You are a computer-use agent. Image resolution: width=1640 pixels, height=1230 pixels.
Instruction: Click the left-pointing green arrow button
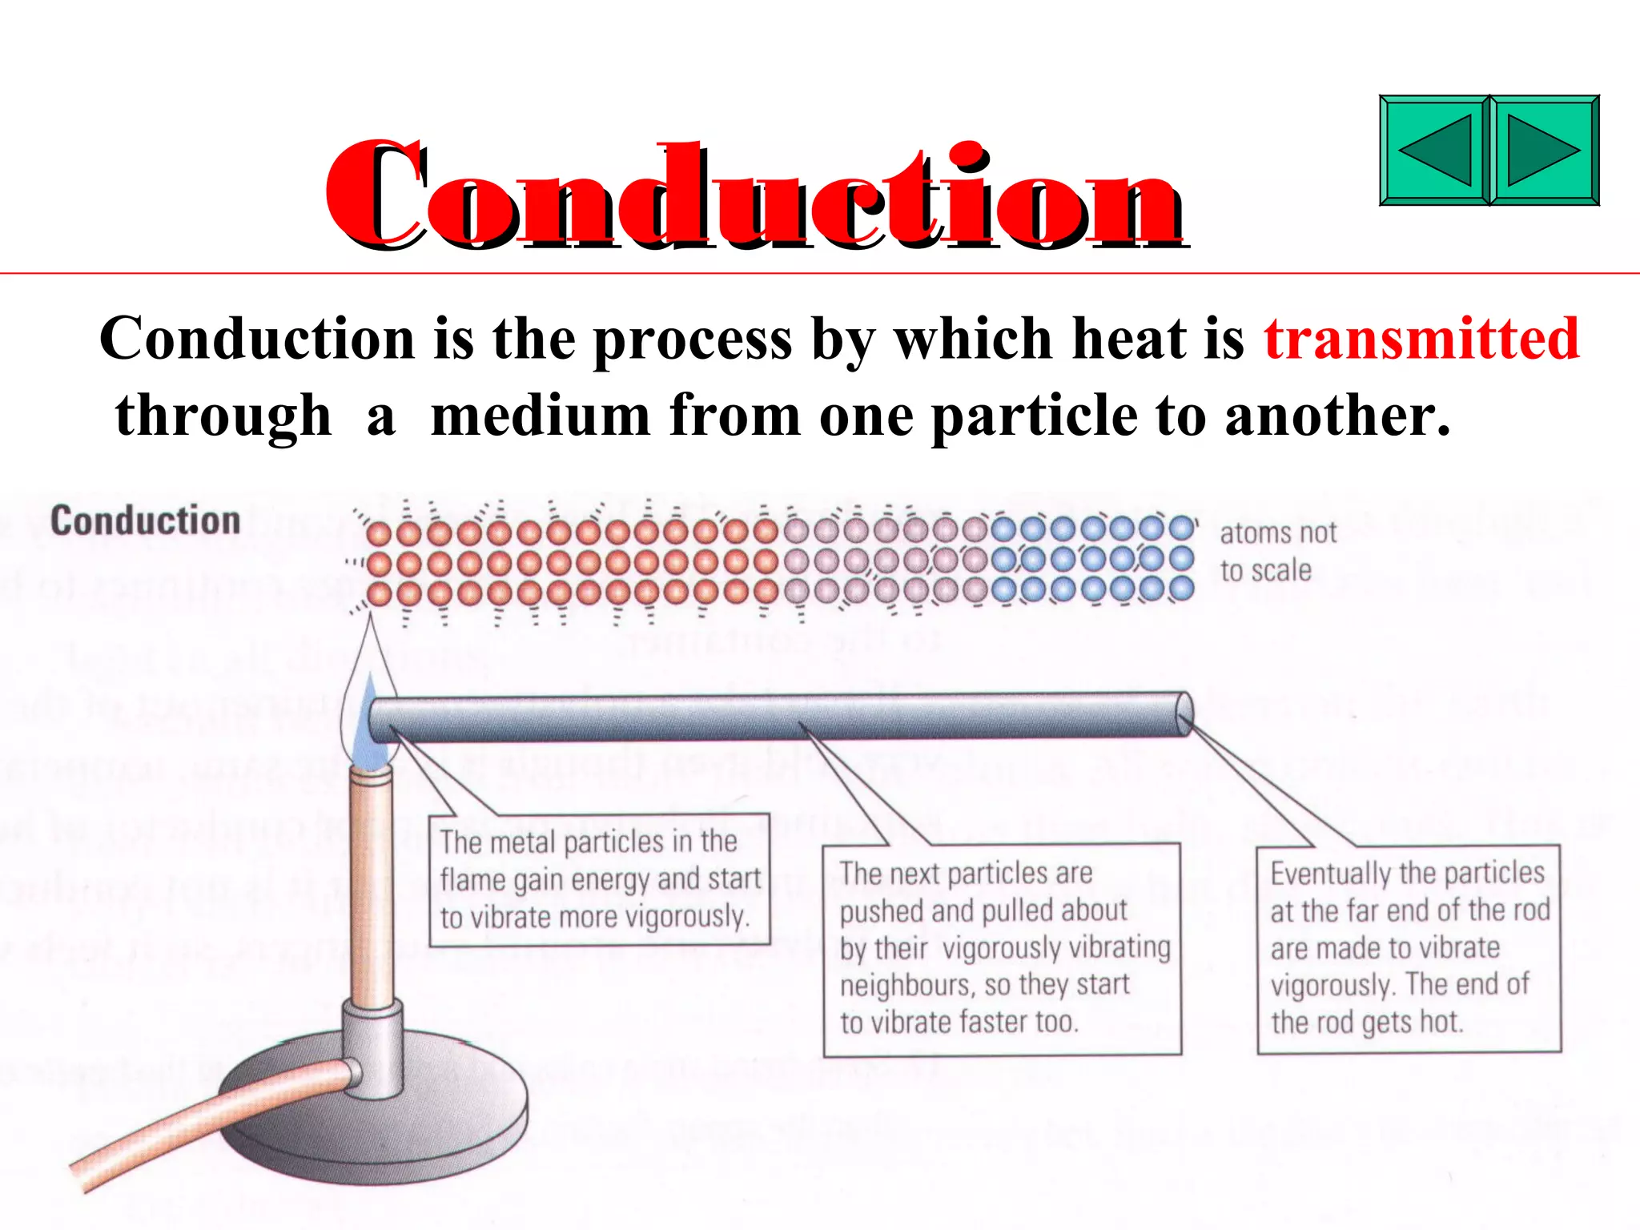pyautogui.click(x=1435, y=151)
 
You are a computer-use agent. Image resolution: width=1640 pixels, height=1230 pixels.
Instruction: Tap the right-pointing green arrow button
pyautogui.click(x=1544, y=151)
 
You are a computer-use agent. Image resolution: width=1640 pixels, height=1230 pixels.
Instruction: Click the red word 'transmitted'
pyautogui.click(x=1421, y=339)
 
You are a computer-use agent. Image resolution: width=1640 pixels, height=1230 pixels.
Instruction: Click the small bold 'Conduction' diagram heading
pyautogui.click(x=146, y=521)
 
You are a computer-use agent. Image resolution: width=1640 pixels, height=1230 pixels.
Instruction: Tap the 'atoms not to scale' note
pyautogui.click(x=1277, y=551)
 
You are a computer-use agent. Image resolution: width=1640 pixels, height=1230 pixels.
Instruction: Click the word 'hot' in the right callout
pyautogui.click(x=1442, y=1022)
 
